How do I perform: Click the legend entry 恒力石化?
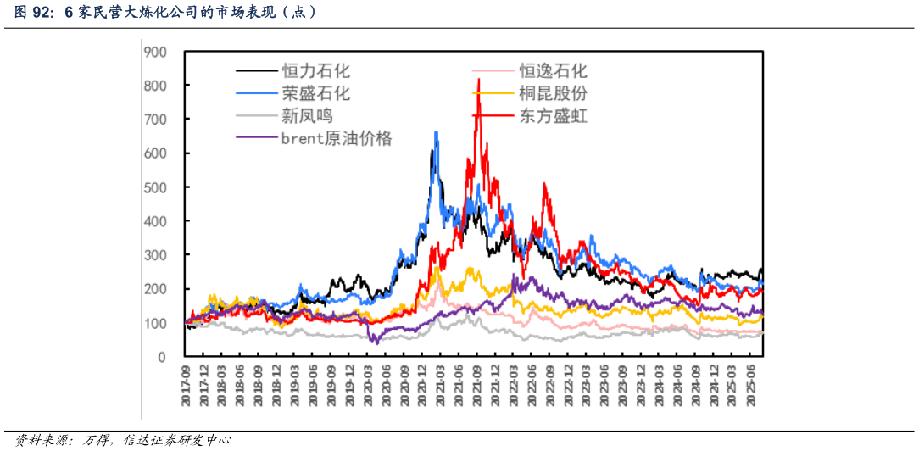[x=315, y=71]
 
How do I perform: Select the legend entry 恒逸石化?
[x=553, y=71]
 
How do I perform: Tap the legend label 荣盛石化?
[x=315, y=93]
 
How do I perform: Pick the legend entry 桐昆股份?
[x=553, y=93]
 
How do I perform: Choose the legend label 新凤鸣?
[x=307, y=115]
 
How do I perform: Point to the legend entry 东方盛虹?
[x=553, y=115]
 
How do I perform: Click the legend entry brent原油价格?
[x=337, y=138]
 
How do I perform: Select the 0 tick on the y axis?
[x=161, y=357]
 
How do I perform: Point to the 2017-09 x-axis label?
[x=186, y=386]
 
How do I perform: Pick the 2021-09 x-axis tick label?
[x=477, y=386]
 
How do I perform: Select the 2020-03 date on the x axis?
[x=368, y=386]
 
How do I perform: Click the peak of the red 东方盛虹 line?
[x=479, y=79]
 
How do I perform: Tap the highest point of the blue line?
[x=436, y=131]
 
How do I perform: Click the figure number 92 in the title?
[x=44, y=13]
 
